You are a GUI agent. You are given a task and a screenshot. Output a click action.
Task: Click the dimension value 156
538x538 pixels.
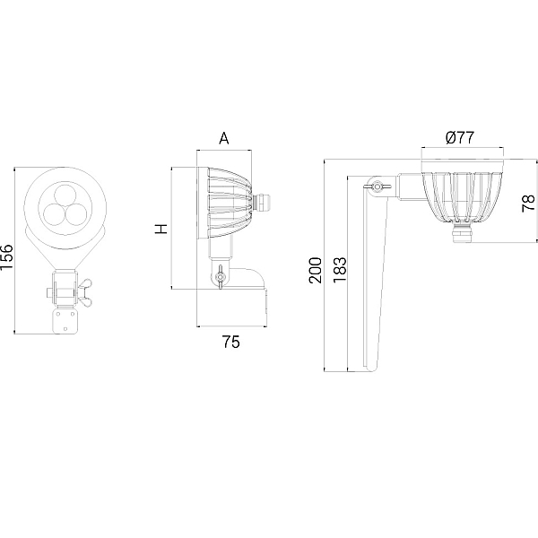click(x=6, y=257)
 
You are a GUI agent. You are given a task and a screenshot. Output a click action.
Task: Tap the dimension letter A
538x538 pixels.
click(x=223, y=138)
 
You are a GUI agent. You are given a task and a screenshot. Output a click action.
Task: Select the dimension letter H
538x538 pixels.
click(x=161, y=229)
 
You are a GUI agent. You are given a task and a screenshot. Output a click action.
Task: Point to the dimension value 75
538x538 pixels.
click(x=231, y=342)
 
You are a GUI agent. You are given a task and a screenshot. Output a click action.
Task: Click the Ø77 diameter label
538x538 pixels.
click(x=460, y=137)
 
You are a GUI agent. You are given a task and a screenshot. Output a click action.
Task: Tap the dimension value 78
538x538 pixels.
click(x=528, y=204)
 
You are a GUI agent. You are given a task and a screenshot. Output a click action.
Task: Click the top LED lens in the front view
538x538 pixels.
click(x=65, y=196)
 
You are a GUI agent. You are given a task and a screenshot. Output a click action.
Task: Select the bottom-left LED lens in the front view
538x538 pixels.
click(x=55, y=214)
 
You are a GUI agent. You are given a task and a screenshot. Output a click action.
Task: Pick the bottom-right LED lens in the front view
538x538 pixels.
click(x=76, y=214)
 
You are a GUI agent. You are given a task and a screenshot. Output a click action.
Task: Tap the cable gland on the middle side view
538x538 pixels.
click(x=261, y=203)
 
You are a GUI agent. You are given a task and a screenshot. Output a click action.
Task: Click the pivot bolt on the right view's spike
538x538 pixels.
click(x=377, y=187)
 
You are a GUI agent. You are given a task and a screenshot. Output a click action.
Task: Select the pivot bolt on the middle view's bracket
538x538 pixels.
click(x=220, y=276)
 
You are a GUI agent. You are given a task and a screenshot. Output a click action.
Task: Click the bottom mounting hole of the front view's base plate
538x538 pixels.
click(x=65, y=328)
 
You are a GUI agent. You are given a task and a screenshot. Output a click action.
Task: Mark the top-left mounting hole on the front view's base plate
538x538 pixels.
click(x=58, y=314)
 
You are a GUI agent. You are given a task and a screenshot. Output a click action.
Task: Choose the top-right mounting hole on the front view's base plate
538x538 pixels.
click(x=73, y=314)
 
